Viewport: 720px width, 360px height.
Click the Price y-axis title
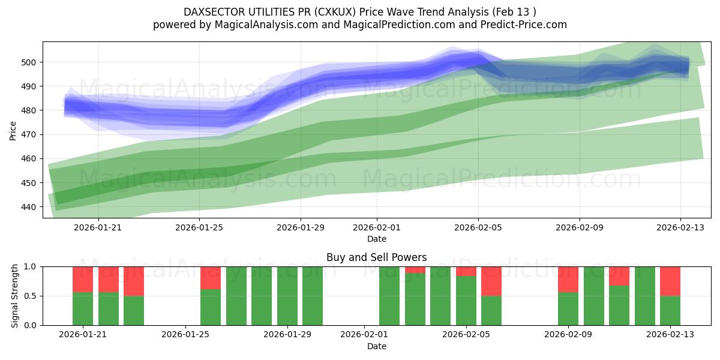[13, 130]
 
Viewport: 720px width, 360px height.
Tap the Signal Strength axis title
[15, 296]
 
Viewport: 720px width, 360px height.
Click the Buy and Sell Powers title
[376, 257]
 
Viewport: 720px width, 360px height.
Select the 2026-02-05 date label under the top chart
[478, 228]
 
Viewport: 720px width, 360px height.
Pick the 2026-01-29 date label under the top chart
[301, 228]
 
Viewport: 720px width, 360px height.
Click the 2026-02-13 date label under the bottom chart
[670, 335]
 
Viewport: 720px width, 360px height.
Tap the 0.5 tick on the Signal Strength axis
[31, 296]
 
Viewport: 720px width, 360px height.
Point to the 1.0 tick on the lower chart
[31, 266]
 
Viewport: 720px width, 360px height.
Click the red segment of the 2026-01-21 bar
[83, 279]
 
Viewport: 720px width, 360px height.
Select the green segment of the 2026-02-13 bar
[670, 310]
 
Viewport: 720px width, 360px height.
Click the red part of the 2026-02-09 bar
[568, 279]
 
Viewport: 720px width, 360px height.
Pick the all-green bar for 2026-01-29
[287, 296]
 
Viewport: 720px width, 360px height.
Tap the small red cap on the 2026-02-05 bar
[466, 271]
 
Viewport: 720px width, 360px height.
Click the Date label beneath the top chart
[376, 239]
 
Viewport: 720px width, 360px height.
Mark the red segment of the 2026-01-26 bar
[211, 278]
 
